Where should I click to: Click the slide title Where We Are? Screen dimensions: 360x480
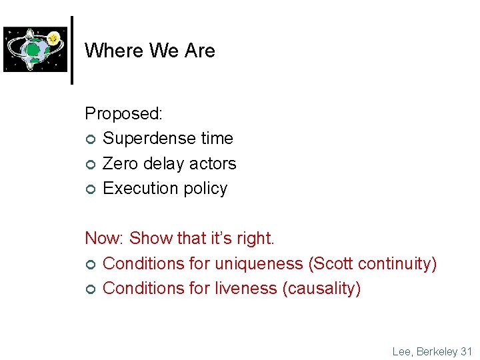[x=150, y=51]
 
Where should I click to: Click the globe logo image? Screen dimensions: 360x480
[x=36, y=49]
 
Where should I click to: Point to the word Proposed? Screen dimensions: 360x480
[x=123, y=114]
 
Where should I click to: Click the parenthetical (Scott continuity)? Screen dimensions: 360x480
[x=372, y=264]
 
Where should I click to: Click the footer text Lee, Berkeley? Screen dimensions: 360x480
[x=424, y=351]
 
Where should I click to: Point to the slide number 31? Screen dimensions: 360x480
[x=466, y=351]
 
